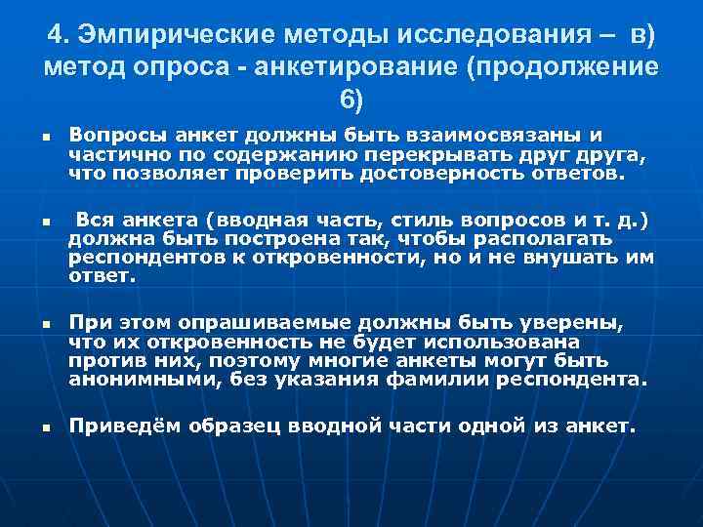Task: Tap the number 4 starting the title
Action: [x=55, y=36]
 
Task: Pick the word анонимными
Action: [x=142, y=379]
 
